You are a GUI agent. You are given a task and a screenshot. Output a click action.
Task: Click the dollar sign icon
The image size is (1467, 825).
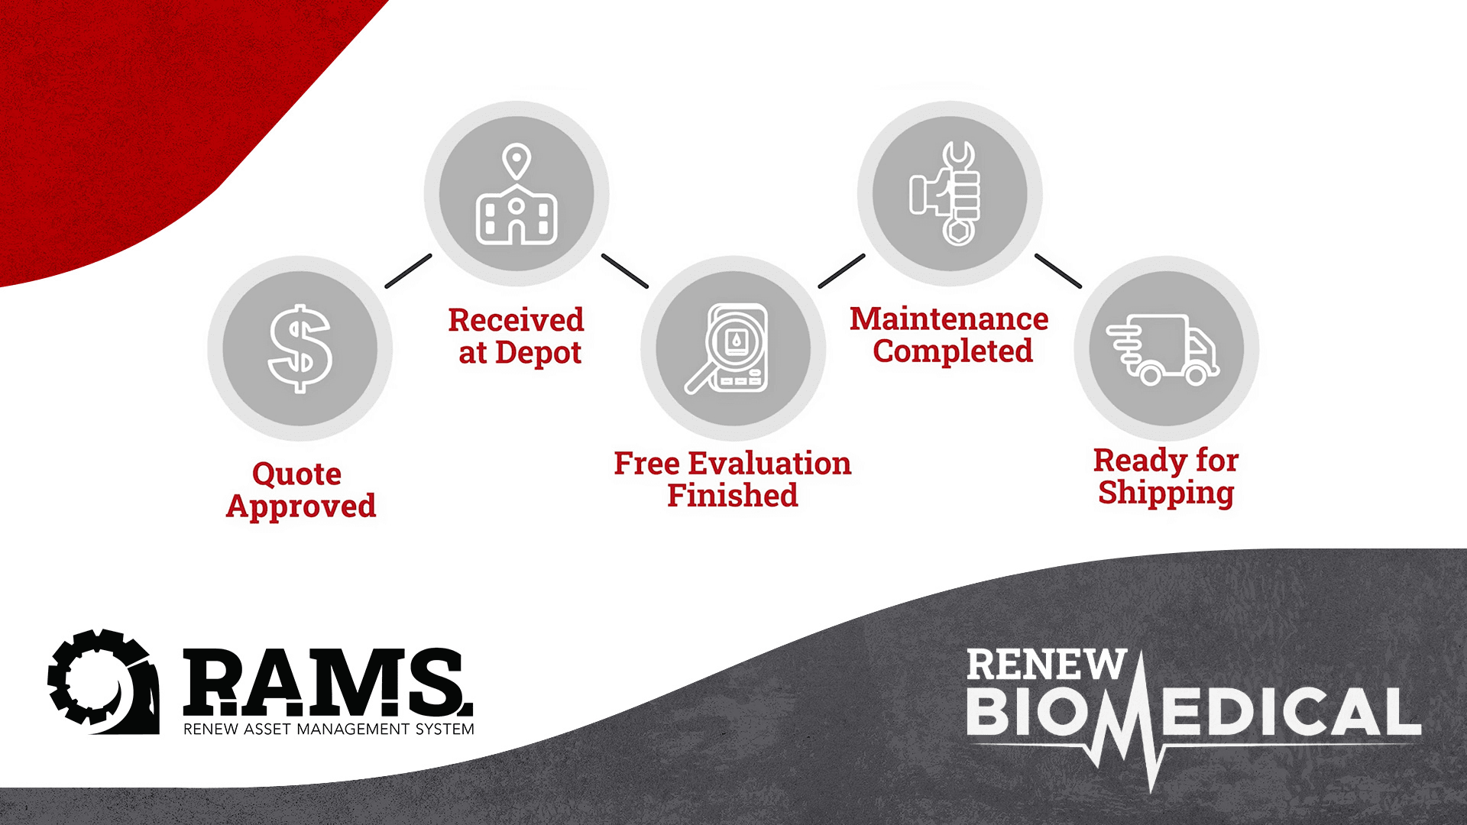300,348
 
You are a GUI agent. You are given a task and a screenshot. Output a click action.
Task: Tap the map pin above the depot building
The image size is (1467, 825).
517,161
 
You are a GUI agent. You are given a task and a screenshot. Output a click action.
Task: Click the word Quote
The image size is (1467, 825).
296,474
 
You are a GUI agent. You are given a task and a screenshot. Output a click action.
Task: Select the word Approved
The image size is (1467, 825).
301,506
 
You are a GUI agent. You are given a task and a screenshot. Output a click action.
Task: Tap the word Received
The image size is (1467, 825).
516,320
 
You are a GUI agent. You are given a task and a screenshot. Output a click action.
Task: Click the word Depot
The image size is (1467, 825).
538,353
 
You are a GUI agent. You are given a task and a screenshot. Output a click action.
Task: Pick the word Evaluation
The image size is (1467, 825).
769,464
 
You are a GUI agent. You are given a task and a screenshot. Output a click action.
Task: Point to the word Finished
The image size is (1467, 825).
733,496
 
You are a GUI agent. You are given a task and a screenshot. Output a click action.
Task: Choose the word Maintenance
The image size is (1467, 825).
949,319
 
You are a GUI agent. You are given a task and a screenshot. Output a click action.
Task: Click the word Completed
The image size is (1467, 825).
953,351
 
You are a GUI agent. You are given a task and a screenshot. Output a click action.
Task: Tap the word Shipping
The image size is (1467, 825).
1166,493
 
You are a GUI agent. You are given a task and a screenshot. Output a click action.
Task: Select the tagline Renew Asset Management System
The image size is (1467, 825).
329,730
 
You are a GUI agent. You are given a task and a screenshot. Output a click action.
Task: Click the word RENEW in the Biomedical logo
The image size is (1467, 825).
1046,665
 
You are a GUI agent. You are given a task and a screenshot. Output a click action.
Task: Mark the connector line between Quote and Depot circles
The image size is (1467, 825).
408,271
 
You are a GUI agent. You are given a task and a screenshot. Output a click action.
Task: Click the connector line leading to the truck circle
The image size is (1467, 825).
1057,271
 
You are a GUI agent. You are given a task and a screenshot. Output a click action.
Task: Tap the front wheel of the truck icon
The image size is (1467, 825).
1196,374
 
